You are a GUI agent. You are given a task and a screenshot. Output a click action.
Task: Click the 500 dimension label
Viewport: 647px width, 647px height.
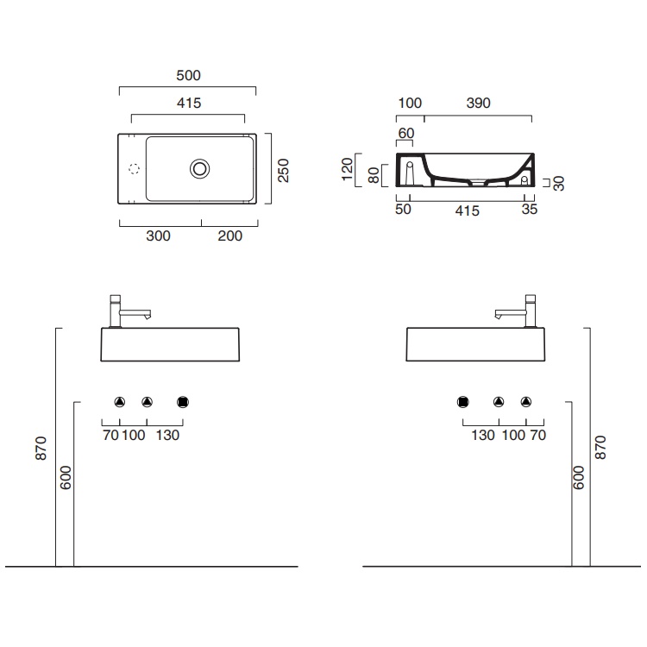pyautogui.click(x=188, y=76)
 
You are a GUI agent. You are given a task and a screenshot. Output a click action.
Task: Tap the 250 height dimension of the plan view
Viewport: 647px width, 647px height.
pyautogui.click(x=284, y=170)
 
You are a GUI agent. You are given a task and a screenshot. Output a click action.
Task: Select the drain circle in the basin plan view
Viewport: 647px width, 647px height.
pyautogui.click(x=200, y=169)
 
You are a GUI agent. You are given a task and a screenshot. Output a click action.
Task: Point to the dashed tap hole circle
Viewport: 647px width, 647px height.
pyautogui.click(x=134, y=169)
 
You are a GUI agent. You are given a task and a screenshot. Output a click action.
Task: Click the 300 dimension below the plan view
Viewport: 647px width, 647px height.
pyautogui.click(x=158, y=236)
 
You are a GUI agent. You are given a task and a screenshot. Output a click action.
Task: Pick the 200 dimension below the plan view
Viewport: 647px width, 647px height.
pyautogui.click(x=229, y=236)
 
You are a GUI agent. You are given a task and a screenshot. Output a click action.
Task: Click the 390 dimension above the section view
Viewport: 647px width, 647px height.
pyautogui.click(x=478, y=103)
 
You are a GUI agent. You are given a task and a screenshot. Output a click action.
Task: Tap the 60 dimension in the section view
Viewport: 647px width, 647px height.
pyautogui.click(x=406, y=133)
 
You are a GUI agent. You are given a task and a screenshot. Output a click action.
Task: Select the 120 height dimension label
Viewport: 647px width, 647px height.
pyautogui.click(x=348, y=169)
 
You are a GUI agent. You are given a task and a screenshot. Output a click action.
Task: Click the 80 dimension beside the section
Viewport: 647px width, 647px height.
pyautogui.click(x=374, y=175)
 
